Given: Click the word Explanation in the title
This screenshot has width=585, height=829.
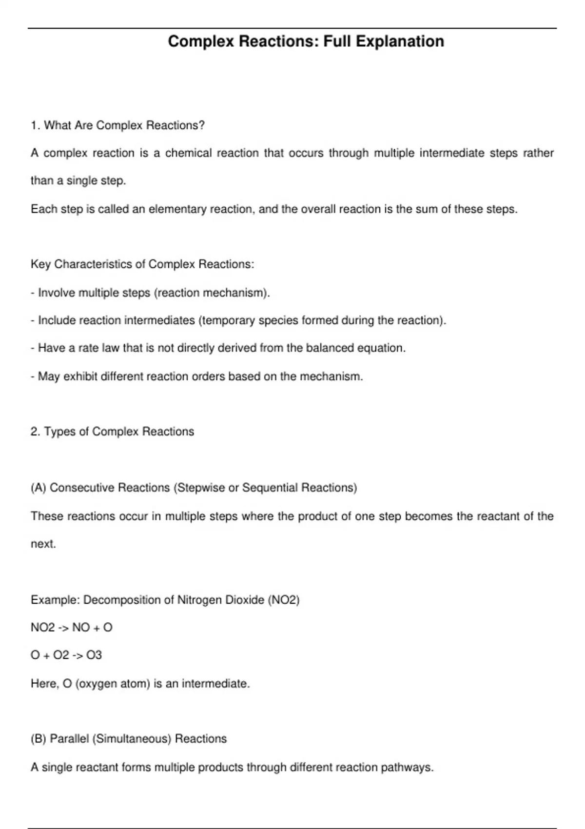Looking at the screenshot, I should point(400,41).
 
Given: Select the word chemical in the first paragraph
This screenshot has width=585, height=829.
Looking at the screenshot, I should point(188,153).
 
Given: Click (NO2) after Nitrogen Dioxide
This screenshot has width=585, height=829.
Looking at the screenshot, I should point(284,600).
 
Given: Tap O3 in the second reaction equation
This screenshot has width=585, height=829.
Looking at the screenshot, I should point(94,655).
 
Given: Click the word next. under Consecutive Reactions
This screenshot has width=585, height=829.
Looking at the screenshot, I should point(43,544).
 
